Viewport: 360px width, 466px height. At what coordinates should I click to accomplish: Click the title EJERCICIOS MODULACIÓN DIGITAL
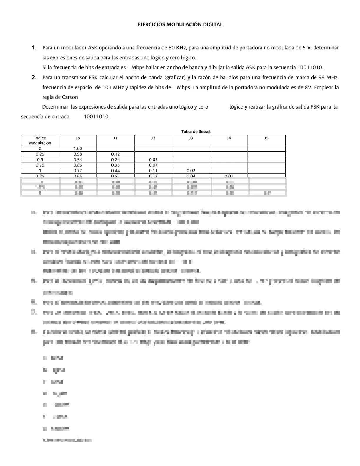coord(180,25)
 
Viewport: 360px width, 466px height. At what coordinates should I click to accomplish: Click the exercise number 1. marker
coord(34,48)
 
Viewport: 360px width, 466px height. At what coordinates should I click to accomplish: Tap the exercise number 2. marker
coord(34,78)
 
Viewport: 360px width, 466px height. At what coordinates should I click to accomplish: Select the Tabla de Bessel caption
coord(196,132)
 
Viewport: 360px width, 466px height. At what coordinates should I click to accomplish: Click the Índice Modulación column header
coord(40,140)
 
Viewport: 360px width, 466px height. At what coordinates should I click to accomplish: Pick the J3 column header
coord(191,138)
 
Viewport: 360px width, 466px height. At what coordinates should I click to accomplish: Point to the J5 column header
coord(266,138)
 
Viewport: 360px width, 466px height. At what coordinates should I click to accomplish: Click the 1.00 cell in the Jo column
coord(78,149)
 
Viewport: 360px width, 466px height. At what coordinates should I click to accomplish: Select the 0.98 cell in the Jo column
coord(78,154)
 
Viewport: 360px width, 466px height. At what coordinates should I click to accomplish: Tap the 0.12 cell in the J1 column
coord(115,154)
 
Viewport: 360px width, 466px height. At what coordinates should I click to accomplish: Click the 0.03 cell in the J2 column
coord(153,159)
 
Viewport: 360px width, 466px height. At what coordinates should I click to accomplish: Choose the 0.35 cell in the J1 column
coord(115,165)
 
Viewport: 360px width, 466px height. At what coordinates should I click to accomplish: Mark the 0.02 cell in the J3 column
coord(191,171)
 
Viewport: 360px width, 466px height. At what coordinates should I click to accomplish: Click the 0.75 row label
coord(40,165)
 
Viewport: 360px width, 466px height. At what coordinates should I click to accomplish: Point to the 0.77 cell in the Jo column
coord(78,171)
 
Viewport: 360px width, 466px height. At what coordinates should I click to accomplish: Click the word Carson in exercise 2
coord(70,97)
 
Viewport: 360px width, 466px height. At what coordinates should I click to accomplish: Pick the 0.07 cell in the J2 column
coord(153,165)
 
